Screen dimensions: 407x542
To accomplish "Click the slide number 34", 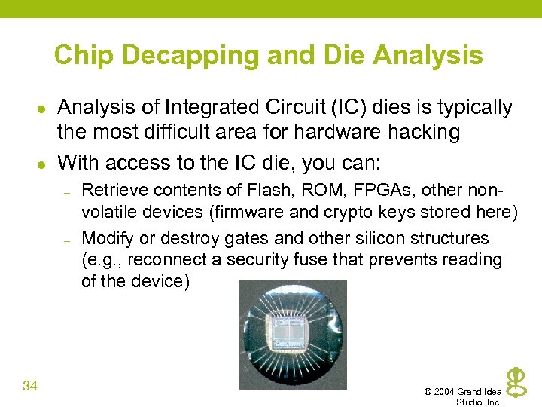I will pyautogui.click(x=30, y=387).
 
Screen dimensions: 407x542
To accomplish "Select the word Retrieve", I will pyautogui.click(x=110, y=190).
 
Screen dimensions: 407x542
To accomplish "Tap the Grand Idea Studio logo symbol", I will pyautogui.click(x=516, y=381).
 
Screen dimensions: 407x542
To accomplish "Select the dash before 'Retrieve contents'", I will pyautogui.click(x=66, y=193).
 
